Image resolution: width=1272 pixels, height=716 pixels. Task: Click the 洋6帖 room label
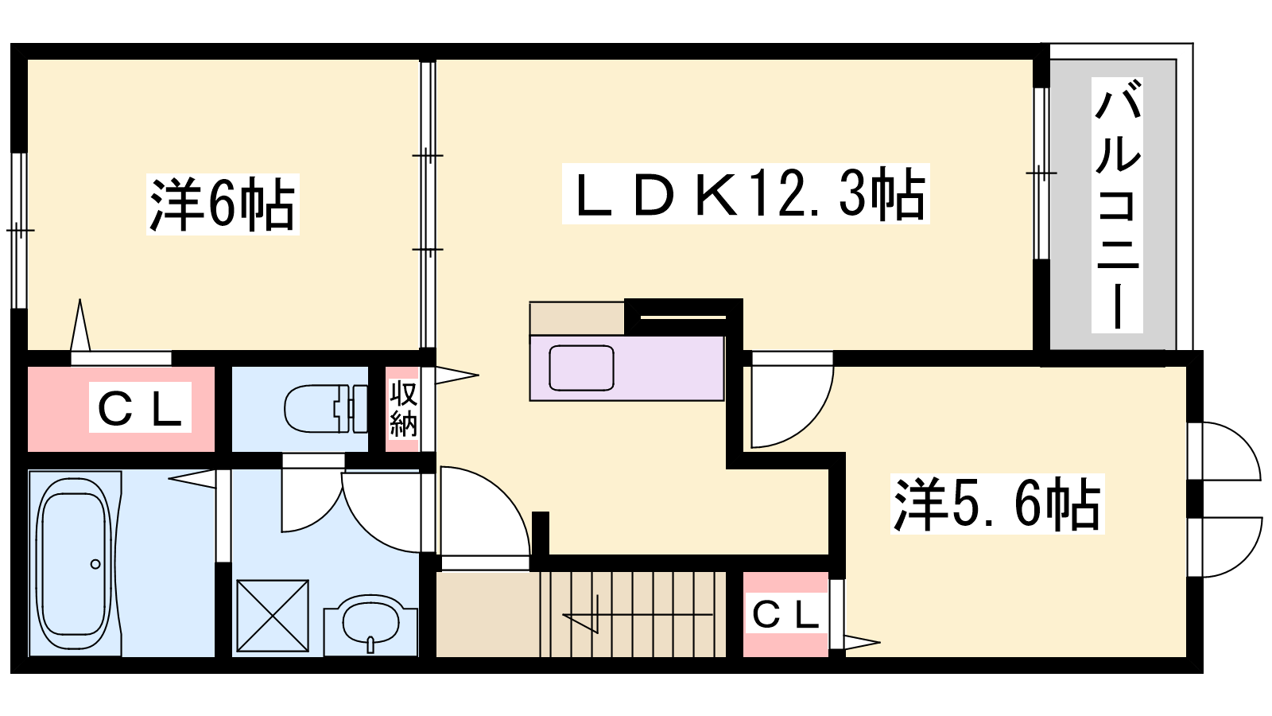223,204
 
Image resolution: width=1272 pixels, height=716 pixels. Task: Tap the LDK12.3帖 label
746,194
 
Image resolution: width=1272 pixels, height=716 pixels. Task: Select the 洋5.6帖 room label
997,504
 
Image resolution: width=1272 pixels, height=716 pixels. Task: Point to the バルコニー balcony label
1117,205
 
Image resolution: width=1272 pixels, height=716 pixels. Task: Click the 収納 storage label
403,409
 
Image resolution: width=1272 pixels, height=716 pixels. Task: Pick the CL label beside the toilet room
140,407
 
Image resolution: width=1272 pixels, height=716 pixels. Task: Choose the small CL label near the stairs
786,614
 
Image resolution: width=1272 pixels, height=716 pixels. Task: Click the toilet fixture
326,409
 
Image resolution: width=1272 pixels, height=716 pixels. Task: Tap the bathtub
75,564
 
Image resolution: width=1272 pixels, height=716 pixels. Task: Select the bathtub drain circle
95,564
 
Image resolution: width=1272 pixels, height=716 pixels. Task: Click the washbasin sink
370,625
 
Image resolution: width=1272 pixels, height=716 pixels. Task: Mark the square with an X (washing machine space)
273,616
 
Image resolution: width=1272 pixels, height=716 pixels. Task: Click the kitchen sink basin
581,368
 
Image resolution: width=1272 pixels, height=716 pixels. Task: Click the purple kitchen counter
627,368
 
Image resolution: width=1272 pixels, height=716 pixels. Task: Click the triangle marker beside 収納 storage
457,375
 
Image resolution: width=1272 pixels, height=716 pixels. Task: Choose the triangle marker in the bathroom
192,478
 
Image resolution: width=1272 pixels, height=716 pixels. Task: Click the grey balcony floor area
1113,204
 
